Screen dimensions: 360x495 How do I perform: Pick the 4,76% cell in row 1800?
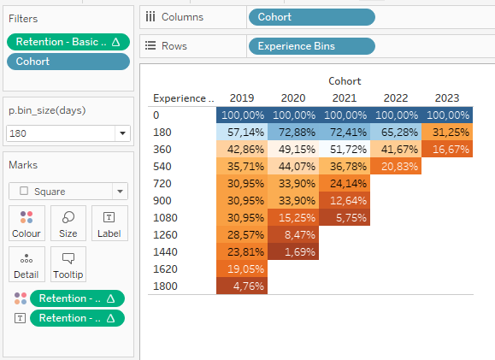241,286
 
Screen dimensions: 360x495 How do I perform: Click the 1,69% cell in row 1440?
292,252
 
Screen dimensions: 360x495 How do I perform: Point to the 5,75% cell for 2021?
344,218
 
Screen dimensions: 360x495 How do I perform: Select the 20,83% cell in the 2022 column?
395,167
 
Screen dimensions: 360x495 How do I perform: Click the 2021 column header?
344,97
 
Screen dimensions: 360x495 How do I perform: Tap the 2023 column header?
445,97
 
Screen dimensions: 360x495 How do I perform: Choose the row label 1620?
163,269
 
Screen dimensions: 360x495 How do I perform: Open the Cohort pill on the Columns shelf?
311,16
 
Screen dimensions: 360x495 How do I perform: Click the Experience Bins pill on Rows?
311,46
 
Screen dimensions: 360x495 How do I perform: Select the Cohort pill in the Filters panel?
68,62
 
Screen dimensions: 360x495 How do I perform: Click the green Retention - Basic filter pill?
68,41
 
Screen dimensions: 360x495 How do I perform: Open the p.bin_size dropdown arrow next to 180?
122,133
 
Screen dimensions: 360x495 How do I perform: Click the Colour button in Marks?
26,222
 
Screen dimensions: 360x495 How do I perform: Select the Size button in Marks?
68,222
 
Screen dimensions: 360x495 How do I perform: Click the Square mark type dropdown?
68,192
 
